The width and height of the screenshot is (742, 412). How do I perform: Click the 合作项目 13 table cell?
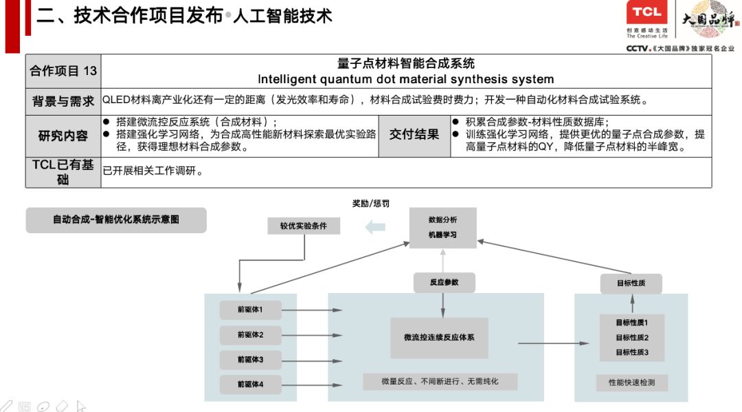point(63,71)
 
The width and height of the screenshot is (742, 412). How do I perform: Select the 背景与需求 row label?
point(63,101)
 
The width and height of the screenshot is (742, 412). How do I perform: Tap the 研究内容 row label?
point(63,135)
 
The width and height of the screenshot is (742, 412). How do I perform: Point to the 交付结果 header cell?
point(414,135)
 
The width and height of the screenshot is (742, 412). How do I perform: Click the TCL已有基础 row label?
point(63,172)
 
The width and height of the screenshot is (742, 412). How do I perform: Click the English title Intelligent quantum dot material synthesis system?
point(405,79)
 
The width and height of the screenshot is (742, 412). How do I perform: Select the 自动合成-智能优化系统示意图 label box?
point(116,220)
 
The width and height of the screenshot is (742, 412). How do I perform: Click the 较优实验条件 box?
point(303,226)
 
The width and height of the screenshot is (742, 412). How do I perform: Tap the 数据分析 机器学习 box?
point(442,228)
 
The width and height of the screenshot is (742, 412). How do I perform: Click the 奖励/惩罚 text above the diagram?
point(370,204)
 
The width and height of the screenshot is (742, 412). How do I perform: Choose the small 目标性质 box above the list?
point(631,283)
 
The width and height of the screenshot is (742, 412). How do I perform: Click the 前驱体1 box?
point(251,310)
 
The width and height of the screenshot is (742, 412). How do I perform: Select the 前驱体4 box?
point(251,384)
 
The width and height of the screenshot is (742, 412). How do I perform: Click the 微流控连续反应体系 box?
point(439,338)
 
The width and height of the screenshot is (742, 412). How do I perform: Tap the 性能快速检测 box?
point(631,382)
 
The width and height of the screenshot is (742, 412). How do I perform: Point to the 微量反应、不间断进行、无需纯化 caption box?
point(440,382)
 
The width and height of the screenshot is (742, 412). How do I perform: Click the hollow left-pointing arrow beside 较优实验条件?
point(375,226)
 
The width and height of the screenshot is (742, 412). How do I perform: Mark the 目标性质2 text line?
point(631,338)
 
